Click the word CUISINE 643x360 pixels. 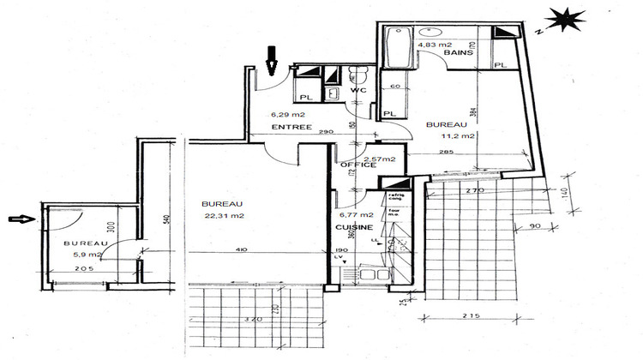355,228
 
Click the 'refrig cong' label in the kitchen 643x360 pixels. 396,198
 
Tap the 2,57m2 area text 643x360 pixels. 379,159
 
